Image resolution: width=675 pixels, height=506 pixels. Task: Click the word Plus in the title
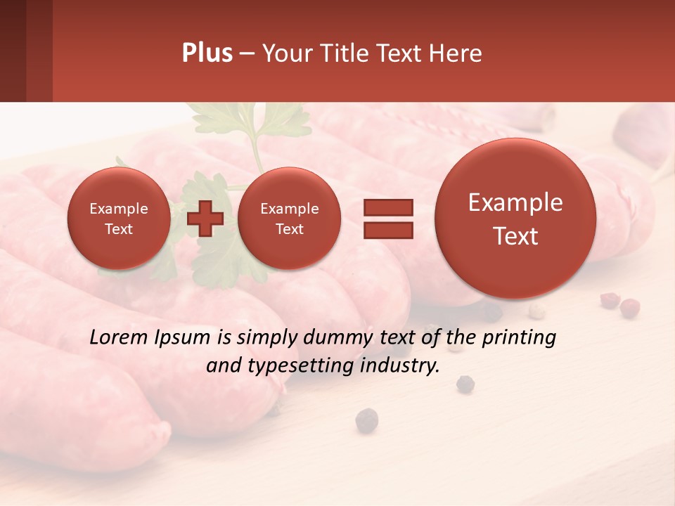[207, 53]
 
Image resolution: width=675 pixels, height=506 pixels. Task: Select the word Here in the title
[454, 53]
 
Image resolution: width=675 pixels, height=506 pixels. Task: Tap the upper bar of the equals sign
[387, 207]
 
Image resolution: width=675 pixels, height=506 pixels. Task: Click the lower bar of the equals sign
[387, 229]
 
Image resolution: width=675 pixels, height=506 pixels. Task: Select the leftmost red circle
[118, 219]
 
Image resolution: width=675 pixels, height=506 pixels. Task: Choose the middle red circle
[289, 219]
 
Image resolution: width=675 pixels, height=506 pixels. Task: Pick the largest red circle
[515, 219]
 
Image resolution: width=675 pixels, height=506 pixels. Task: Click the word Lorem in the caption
[119, 338]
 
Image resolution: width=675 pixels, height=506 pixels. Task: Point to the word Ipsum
[182, 338]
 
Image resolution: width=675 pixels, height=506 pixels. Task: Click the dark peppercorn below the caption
[366, 420]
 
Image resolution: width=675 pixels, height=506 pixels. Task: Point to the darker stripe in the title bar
[39, 51]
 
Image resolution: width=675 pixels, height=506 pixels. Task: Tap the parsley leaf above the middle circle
[281, 119]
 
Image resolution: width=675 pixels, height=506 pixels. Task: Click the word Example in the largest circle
[515, 202]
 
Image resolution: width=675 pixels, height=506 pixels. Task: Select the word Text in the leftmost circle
[118, 229]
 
